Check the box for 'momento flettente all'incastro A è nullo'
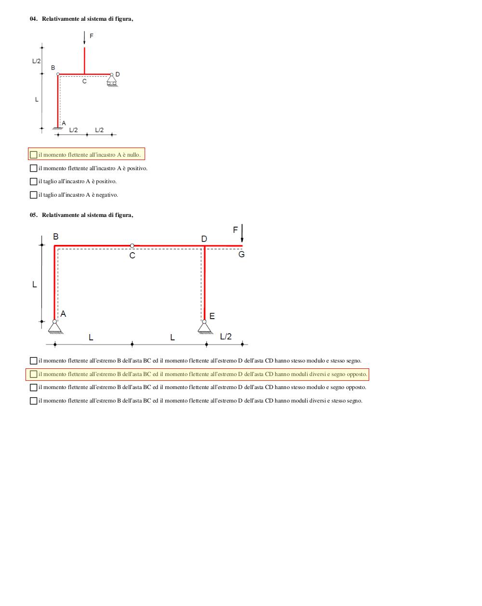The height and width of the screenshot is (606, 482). click(33, 155)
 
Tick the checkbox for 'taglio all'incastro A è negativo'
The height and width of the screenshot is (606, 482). click(33, 195)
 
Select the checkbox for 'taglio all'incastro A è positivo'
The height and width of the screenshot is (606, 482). click(33, 181)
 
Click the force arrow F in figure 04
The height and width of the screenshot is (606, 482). click(84, 38)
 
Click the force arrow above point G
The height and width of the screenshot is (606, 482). click(242, 233)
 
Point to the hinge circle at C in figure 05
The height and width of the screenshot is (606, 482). click(132, 246)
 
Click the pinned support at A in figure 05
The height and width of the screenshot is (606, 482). click(55, 327)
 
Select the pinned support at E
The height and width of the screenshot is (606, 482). click(205, 327)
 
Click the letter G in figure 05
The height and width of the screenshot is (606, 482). click(241, 254)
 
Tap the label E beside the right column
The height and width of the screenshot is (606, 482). click(212, 316)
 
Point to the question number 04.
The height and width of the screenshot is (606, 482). click(34, 19)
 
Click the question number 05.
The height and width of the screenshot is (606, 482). click(34, 215)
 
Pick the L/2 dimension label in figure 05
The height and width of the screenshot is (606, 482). click(226, 336)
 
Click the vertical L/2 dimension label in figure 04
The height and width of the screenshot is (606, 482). click(36, 61)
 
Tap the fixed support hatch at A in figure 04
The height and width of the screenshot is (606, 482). click(58, 128)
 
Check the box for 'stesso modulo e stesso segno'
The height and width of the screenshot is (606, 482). click(33, 361)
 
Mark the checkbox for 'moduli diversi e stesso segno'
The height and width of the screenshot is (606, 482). click(33, 401)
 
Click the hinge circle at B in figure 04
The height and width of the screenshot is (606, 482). click(58, 74)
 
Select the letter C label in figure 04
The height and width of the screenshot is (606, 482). click(84, 81)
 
